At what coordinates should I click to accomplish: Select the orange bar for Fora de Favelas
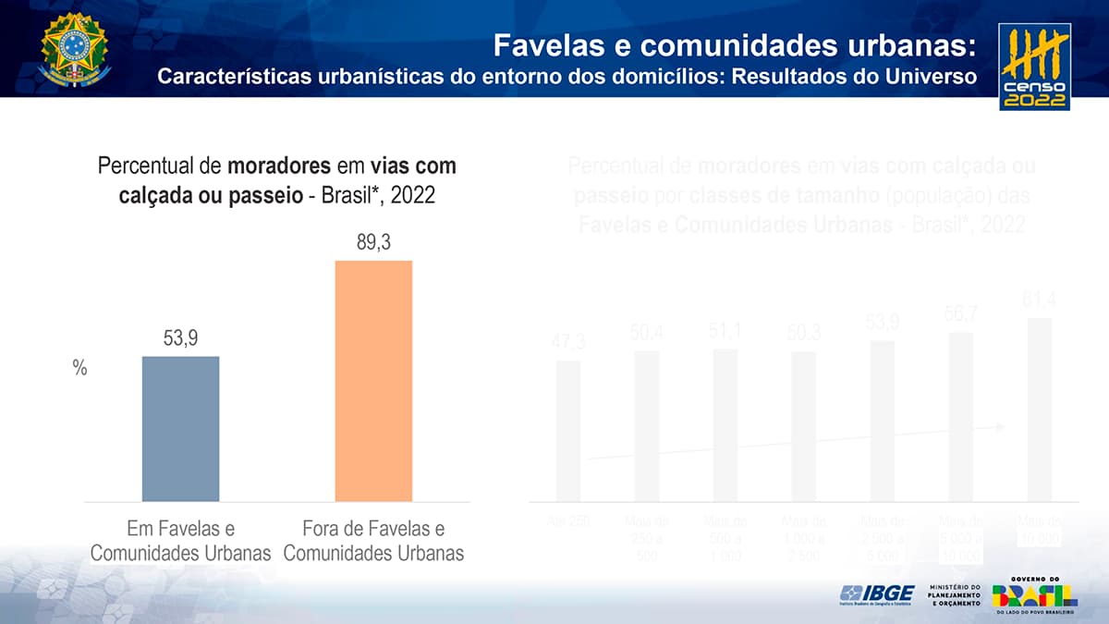373,381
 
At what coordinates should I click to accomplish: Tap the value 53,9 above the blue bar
180,338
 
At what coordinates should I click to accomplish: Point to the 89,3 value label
373,242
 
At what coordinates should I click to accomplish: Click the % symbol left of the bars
79,368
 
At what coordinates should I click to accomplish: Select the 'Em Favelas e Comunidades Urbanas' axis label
180,541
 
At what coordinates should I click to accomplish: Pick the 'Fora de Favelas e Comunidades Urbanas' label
373,541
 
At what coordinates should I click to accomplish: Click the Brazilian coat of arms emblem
74,50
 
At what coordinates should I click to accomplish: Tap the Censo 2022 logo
1034,67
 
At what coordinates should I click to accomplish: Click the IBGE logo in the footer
876,593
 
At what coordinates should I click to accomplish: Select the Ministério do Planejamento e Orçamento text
955,595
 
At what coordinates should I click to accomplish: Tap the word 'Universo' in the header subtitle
927,76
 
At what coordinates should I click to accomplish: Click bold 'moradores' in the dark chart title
279,166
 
